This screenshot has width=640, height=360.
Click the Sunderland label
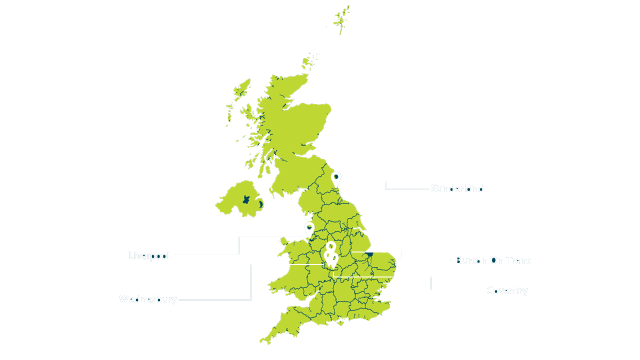click(457, 189)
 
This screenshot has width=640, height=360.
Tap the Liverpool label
click(149, 256)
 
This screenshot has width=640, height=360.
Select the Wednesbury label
click(147, 299)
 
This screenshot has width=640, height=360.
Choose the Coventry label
click(506, 290)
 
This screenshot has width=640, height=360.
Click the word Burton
click(471, 260)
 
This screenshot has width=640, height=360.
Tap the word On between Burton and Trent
click(496, 260)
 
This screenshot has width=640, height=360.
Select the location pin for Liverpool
click(309, 229)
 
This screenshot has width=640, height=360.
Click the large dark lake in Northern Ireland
click(246, 199)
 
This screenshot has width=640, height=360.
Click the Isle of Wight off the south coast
click(341, 324)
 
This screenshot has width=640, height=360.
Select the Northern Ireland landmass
click(237, 200)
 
